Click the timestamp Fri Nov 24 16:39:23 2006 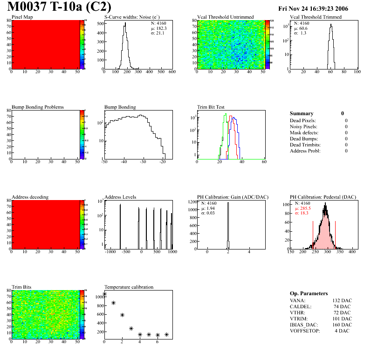tap(313, 8)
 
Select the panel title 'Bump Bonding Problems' tap(38, 107)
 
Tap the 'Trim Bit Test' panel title tap(212, 107)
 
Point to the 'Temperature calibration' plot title tap(129, 287)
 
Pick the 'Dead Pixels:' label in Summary tap(303, 121)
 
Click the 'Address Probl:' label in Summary tap(305, 151)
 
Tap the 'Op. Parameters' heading tap(309, 293)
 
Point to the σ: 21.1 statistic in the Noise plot tap(159, 33)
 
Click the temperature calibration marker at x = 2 tap(122, 315)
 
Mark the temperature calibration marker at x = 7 tap(166, 334)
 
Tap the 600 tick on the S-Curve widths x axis tap(172, 72)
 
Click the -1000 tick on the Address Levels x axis tap(110, 251)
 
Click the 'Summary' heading tap(302, 113)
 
